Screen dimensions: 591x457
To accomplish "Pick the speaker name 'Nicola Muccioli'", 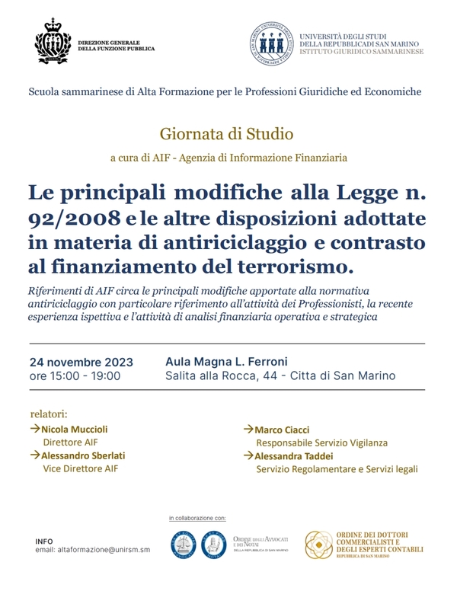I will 74,429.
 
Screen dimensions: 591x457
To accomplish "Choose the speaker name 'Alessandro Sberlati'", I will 83,455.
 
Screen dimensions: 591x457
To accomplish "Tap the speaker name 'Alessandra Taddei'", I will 292,455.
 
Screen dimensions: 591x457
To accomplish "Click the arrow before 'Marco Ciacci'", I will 248,430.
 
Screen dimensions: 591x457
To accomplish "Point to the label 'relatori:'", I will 49,414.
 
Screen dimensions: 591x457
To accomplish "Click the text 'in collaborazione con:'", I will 198,518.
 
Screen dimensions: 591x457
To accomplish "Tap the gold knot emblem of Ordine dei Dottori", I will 319,545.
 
